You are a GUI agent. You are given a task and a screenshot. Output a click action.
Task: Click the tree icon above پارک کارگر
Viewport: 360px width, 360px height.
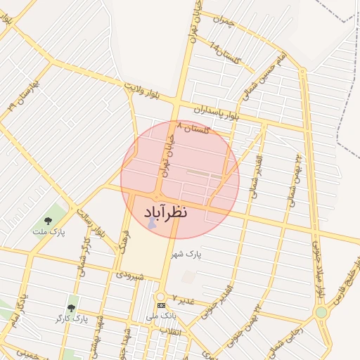(70, 308)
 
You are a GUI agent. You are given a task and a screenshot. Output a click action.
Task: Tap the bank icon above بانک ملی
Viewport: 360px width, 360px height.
(161, 306)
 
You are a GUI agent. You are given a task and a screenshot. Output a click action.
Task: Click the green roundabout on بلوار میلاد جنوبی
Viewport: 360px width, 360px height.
(321, 311)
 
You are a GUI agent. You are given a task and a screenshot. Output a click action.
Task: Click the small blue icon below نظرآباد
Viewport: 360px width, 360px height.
(152, 224)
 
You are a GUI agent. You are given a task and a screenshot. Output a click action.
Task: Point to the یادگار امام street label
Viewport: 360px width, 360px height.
(21, 310)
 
